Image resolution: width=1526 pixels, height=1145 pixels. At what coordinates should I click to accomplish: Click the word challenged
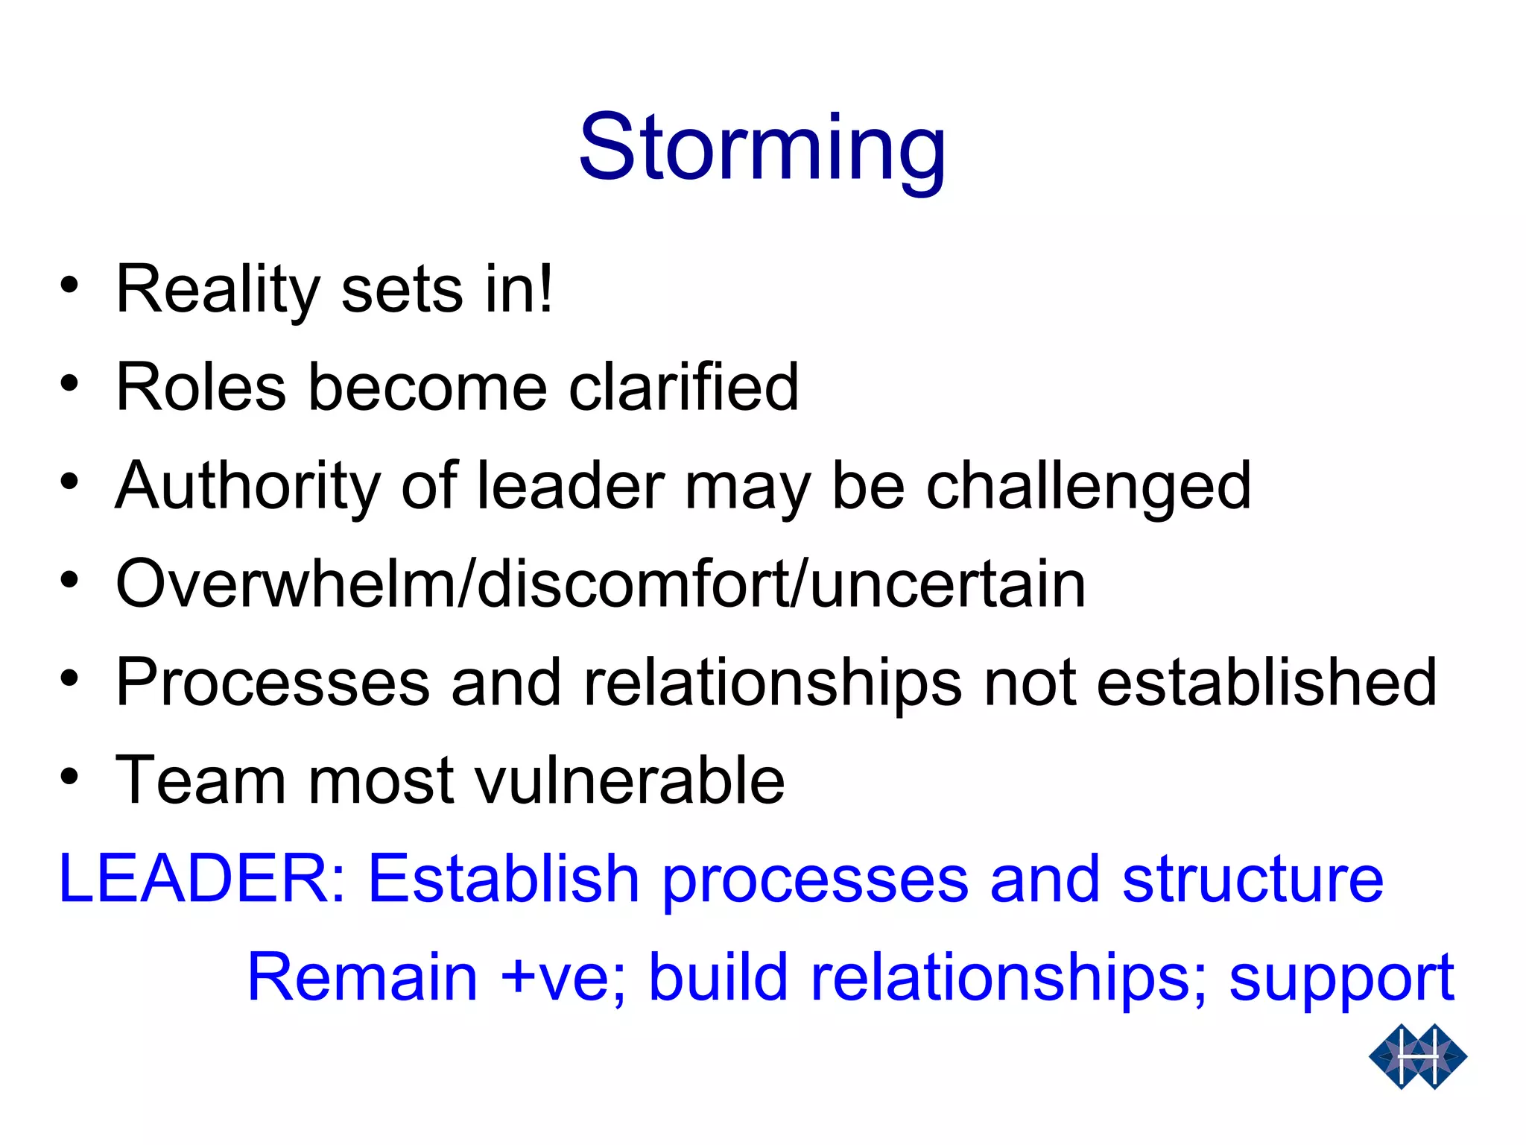click(x=1088, y=486)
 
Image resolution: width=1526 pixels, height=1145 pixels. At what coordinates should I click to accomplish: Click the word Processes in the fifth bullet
click(x=273, y=682)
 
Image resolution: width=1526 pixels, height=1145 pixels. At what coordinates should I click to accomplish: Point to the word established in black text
click(x=1266, y=682)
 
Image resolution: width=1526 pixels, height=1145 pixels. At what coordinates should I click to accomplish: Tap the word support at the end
click(x=1341, y=978)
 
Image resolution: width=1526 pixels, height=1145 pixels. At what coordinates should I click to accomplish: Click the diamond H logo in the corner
click(x=1417, y=1056)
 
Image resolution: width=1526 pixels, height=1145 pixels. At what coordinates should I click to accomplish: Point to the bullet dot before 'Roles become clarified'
click(x=69, y=385)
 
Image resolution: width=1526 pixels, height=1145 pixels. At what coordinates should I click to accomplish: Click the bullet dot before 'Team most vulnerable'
click(x=69, y=777)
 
